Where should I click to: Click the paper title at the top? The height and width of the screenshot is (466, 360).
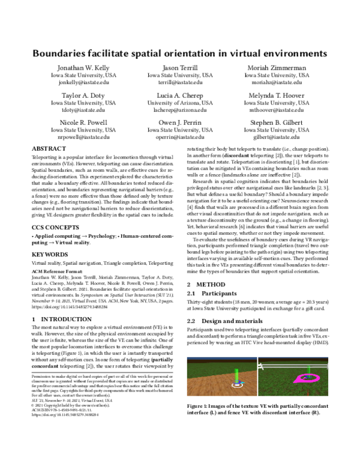[179, 53]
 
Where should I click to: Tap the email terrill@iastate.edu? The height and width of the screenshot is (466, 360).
[179, 84]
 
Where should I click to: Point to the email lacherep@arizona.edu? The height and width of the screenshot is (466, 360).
[179, 110]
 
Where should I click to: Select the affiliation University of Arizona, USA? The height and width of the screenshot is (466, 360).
[179, 103]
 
